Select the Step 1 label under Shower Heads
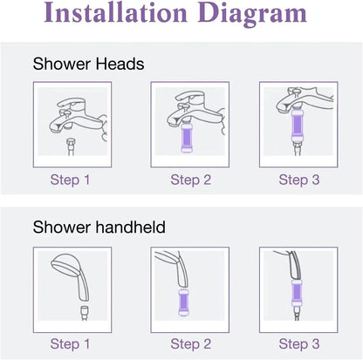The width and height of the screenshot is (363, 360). click(x=70, y=180)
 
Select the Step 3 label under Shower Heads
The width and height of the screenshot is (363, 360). click(x=292, y=180)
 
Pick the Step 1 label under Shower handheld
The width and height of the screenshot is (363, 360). click(x=70, y=343)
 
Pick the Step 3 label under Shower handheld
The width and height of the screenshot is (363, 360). click(x=292, y=343)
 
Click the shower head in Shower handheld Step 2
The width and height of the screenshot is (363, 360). click(x=175, y=266)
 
